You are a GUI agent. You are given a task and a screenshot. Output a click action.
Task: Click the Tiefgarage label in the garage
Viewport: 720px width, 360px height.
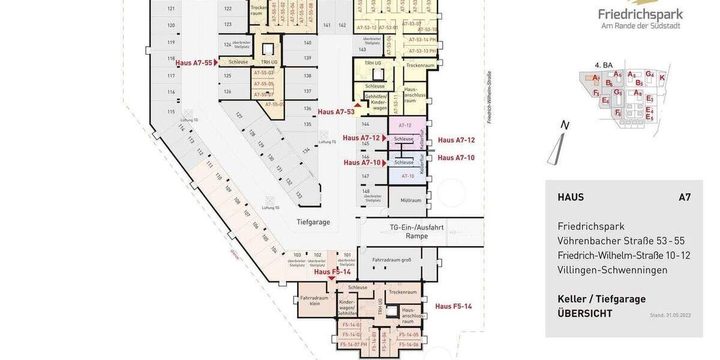[313, 222]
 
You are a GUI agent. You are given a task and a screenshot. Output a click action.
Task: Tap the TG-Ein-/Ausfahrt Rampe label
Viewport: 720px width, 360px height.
[416, 232]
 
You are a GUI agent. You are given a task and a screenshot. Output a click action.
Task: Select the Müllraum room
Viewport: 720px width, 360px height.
[407, 200]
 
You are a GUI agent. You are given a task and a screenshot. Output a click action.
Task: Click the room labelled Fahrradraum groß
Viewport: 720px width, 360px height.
[391, 260]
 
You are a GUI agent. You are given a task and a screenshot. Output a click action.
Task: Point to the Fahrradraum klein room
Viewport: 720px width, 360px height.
[314, 301]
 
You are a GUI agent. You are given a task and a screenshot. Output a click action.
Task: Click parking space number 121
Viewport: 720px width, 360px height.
[171, 8]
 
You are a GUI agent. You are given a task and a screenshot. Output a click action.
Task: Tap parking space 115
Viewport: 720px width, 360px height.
[171, 112]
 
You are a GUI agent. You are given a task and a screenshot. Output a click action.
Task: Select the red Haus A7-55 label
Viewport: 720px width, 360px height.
[194, 62]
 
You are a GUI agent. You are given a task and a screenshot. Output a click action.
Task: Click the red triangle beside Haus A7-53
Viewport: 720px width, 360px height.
[359, 105]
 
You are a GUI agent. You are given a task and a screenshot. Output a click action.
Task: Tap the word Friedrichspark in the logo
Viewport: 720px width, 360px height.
[640, 14]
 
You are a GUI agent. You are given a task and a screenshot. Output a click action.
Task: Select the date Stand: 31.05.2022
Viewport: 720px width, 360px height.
[670, 315]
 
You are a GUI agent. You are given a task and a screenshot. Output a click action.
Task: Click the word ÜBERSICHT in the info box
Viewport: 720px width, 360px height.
[585, 313]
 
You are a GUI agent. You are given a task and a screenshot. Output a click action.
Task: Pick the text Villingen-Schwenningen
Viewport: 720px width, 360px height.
[612, 270]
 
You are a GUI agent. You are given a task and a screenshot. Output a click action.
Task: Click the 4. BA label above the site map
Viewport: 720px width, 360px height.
[603, 65]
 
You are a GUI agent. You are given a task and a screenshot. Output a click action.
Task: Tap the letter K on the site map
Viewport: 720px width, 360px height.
[662, 77]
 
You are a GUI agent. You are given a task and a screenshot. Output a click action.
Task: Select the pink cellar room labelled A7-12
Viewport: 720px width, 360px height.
[405, 125]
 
